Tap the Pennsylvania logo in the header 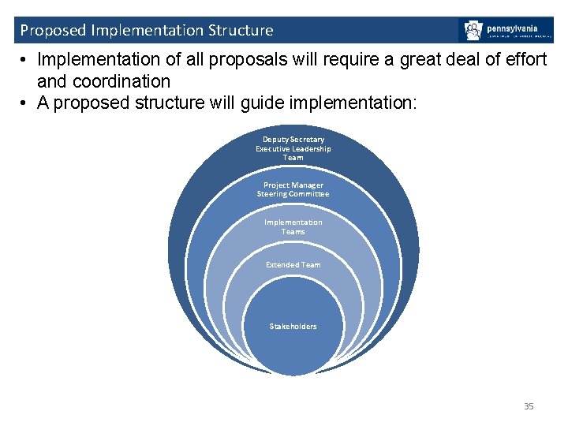(506, 31)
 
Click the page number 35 (529, 406)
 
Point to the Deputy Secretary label (293, 140)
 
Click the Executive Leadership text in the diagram (293, 149)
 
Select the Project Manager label (293, 185)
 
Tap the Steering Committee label (293, 194)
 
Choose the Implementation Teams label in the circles (293, 227)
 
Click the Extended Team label (293, 265)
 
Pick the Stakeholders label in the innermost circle (293, 327)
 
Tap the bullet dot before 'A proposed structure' (25, 103)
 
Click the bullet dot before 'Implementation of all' (25, 60)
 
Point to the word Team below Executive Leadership (293, 158)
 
